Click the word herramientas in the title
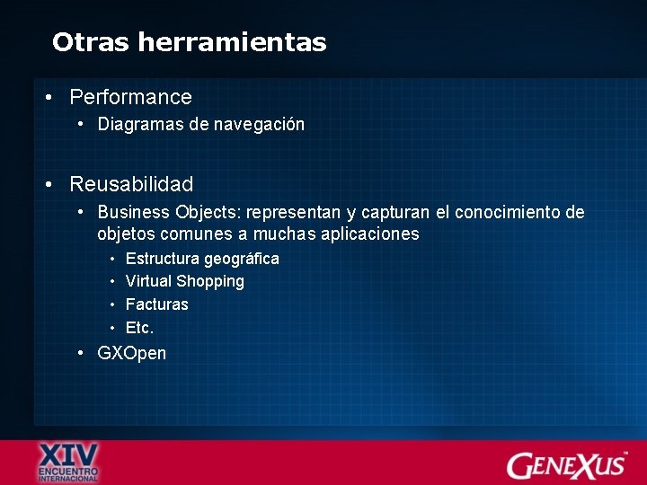click(x=233, y=42)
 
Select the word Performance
click(x=131, y=97)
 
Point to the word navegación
click(x=259, y=125)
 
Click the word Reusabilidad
click(x=131, y=185)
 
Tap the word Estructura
click(x=163, y=259)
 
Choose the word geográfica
click(x=242, y=259)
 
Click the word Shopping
click(x=210, y=282)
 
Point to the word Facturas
click(x=157, y=304)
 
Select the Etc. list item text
click(x=140, y=328)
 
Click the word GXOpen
click(x=131, y=353)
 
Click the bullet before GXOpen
click(x=81, y=353)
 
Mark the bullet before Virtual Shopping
click(x=113, y=282)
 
